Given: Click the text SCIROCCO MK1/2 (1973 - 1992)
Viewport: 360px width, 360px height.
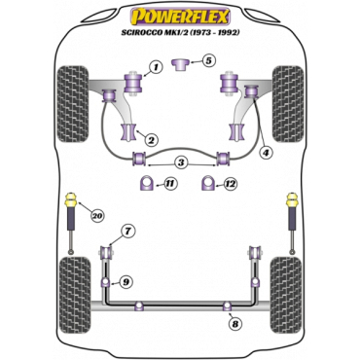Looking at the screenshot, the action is pos(180,34).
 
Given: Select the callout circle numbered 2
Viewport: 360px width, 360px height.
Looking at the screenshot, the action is pos(150,140).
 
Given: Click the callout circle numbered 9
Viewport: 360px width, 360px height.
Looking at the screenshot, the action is pos(126,282).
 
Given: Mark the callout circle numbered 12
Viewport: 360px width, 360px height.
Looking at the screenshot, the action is pos(231,183).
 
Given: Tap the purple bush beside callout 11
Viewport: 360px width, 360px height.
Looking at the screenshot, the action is pos(147,183).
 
